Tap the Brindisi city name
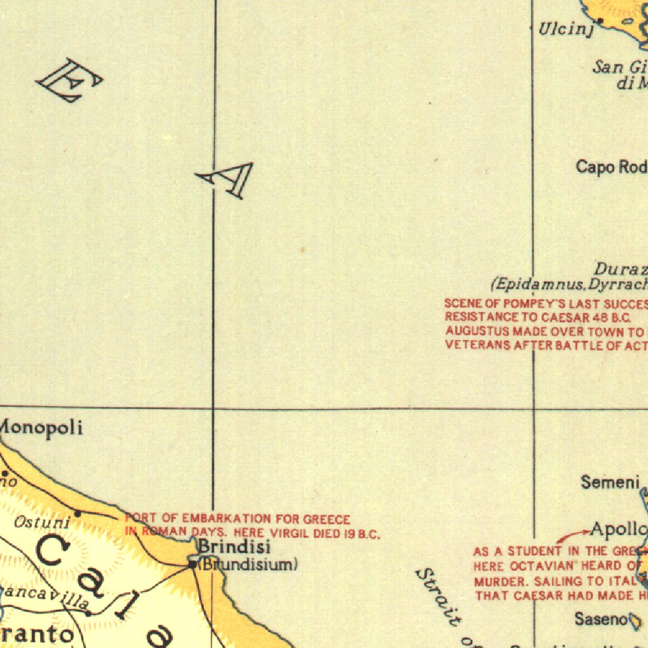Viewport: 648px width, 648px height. [234, 547]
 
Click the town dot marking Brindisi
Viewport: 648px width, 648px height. [193, 563]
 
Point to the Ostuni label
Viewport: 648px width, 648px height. [41, 523]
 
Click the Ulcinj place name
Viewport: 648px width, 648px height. [565, 29]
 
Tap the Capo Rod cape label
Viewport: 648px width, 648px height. [611, 167]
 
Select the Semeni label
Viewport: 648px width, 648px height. [610, 483]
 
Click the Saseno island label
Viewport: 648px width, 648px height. [601, 619]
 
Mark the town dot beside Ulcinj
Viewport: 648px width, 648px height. [600, 21]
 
